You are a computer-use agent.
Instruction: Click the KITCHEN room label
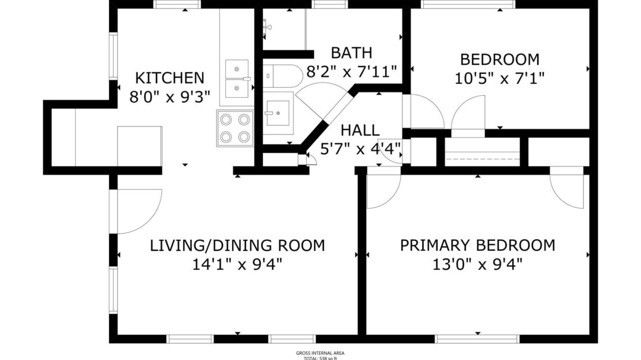tap(169, 77)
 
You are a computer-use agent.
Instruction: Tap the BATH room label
tap(351, 53)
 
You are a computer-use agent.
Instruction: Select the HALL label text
tap(360, 130)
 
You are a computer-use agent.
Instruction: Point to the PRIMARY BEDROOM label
tap(478, 245)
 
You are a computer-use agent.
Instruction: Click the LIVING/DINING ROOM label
tap(237, 245)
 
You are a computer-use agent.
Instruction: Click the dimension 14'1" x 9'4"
tap(237, 265)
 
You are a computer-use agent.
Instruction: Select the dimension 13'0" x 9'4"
tap(478, 265)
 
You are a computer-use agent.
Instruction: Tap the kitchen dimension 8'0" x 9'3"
tap(169, 96)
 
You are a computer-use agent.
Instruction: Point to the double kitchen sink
tap(236, 78)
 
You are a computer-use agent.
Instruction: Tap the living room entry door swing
tap(139, 211)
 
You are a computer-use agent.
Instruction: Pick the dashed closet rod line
tap(483, 158)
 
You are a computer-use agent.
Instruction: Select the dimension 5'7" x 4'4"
tap(360, 149)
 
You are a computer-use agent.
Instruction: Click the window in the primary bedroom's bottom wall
tap(478, 339)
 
